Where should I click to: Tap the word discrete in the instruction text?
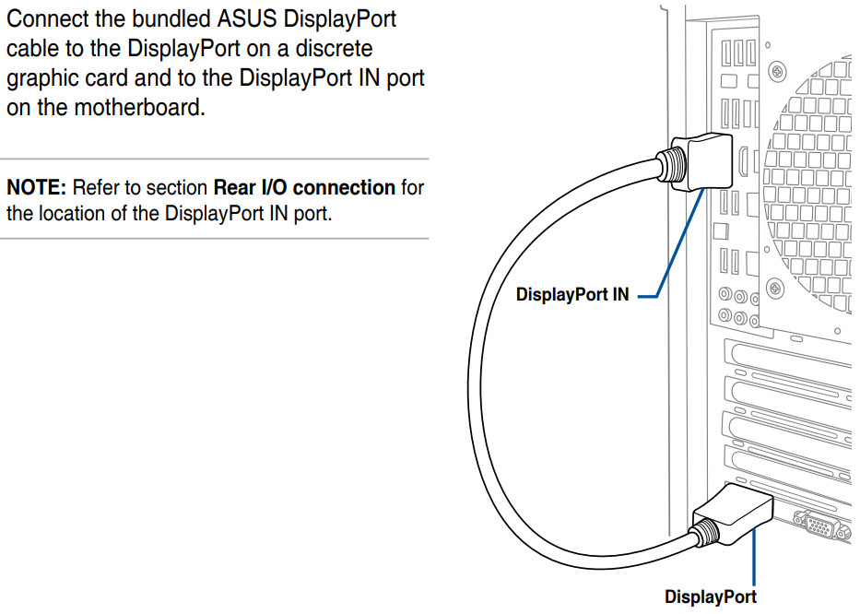[339, 49]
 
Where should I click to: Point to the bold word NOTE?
[37, 188]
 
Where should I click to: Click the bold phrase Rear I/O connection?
[304, 188]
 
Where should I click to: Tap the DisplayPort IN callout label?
[572, 296]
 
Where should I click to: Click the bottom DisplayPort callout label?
[710, 596]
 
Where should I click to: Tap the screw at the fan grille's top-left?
[779, 70]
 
